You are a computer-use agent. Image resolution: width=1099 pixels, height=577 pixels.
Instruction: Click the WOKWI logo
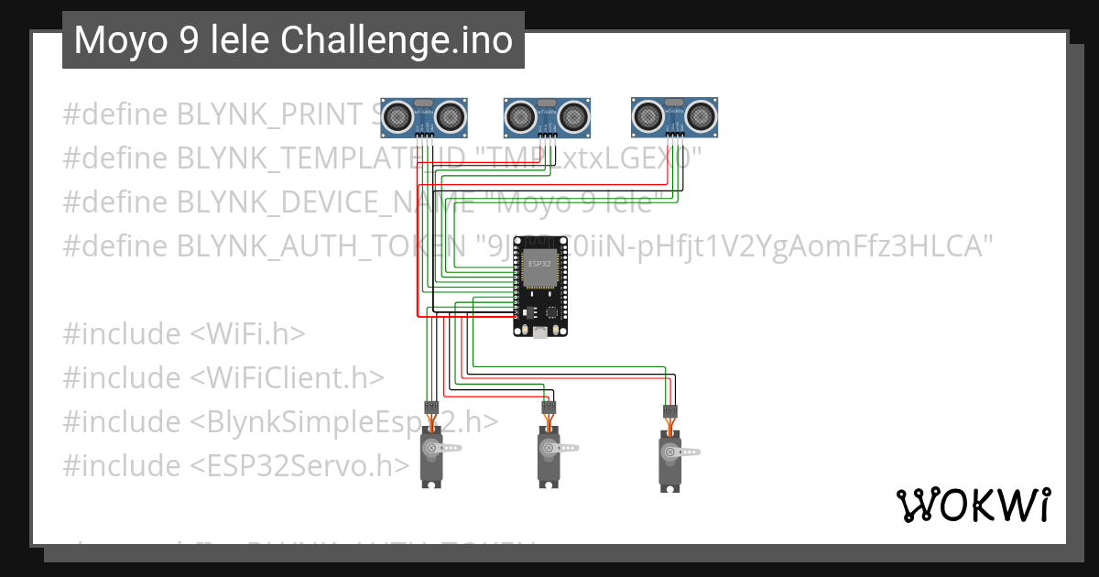(973, 505)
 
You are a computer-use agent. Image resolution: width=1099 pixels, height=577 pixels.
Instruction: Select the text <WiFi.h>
(247, 334)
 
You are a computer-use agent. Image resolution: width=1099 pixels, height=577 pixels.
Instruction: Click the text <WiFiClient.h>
(287, 378)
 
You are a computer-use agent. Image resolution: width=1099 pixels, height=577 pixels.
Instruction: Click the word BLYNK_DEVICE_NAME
(321, 202)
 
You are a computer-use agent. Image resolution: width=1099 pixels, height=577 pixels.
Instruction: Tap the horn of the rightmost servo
(685, 452)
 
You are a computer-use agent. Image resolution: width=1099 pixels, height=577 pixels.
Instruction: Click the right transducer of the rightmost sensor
(701, 114)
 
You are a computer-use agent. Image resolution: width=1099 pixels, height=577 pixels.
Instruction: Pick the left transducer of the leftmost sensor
(397, 114)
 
